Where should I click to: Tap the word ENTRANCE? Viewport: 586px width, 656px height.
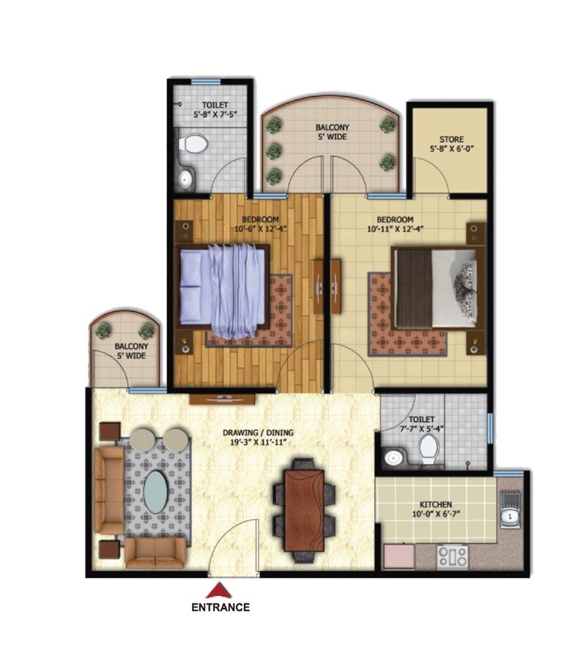pos(220,607)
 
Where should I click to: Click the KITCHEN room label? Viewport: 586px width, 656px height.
pos(435,504)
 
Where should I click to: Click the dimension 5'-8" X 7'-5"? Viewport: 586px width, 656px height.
pos(214,115)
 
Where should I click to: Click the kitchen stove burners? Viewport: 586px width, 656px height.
pos(453,556)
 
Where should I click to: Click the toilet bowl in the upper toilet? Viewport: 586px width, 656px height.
pos(194,143)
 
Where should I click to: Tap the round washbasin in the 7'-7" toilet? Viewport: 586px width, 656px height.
pos(394,458)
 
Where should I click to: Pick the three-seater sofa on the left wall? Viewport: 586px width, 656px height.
pos(111,490)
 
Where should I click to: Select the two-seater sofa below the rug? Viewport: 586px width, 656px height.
pos(155,553)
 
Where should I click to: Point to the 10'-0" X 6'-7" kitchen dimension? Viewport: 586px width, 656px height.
pos(435,515)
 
